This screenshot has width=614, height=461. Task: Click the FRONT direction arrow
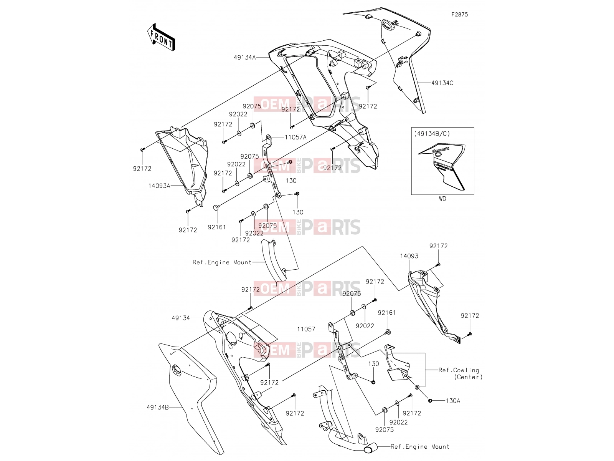coord(161,37)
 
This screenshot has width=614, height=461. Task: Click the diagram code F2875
coord(459,15)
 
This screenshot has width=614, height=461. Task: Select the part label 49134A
coord(245,58)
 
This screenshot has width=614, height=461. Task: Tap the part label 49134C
coord(442,83)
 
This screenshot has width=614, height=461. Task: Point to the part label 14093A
coord(159,186)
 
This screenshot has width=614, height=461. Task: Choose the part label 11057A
coord(295,137)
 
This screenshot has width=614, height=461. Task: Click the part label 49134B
coord(157,407)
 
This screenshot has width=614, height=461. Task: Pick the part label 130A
coord(453,401)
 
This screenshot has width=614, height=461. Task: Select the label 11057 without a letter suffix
coord(306,329)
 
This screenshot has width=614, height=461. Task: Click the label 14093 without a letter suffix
coord(409,256)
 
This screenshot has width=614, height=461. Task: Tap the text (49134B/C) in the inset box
coord(432,134)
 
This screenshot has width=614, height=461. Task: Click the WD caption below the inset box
coord(442,199)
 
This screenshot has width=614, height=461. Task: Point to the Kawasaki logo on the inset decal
coord(441,150)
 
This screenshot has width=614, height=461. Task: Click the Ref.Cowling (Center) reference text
coord(460,373)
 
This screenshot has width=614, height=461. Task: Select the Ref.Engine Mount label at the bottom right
coord(420,446)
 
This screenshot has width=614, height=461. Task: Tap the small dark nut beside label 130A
coord(430,401)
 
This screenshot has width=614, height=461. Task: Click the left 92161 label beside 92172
coord(217,227)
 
